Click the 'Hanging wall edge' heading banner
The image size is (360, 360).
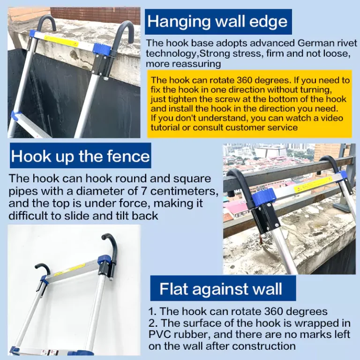pyautogui.click(x=218, y=22)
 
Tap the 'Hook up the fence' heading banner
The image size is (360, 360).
pyautogui.click(x=80, y=156)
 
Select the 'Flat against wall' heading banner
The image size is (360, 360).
pyautogui.click(x=223, y=288)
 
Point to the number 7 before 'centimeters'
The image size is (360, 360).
pyautogui.click(x=143, y=191)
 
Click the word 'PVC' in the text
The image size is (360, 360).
pyautogui.click(x=159, y=334)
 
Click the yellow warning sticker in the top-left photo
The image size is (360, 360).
pyautogui.click(x=61, y=41)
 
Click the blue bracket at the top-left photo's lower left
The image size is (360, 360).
pyautogui.click(x=16, y=116)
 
